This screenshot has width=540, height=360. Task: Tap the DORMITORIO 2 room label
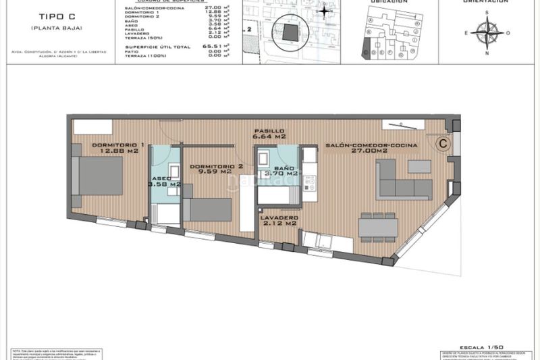click(216, 166)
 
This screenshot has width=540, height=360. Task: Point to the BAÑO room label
click(284, 167)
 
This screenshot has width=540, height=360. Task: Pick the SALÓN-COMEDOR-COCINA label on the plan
click(371, 145)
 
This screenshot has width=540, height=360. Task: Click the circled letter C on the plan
click(443, 143)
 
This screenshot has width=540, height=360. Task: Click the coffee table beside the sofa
click(419, 167)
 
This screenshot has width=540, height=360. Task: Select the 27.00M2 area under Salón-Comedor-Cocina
click(371, 152)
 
